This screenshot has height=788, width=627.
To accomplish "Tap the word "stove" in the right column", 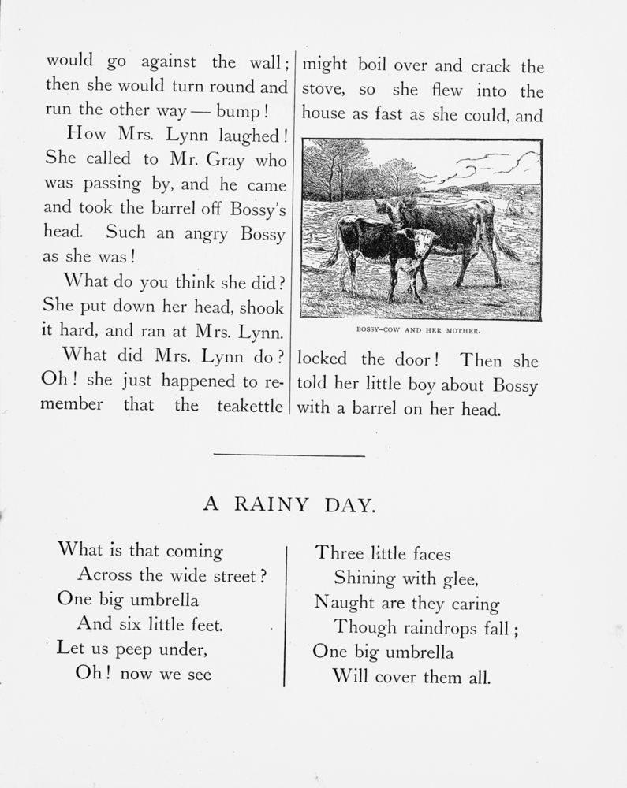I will tap(323, 91).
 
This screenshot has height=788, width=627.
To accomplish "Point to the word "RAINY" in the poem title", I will tap(270, 505).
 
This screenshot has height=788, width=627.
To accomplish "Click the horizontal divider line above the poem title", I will tap(289, 455).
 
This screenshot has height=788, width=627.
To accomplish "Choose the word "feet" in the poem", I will tap(204, 626).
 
